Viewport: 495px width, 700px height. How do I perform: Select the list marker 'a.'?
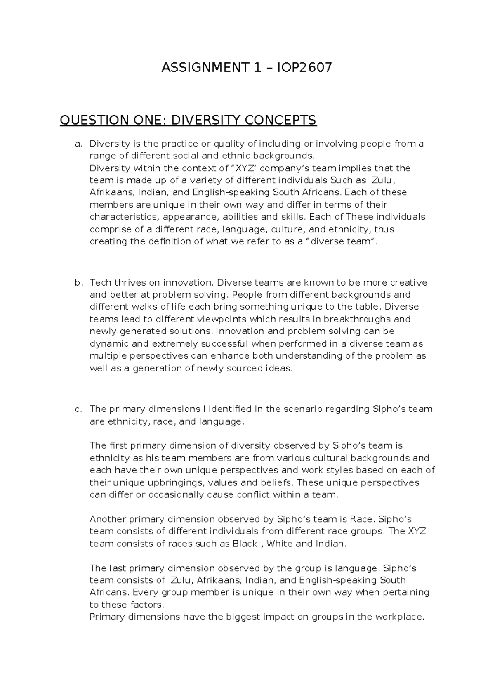click(x=78, y=144)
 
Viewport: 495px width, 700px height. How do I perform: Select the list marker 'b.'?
click(x=78, y=283)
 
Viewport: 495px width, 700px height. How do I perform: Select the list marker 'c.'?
click(x=78, y=409)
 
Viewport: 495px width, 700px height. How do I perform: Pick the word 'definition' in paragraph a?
click(x=169, y=241)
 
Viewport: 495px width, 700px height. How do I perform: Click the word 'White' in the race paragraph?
click(x=279, y=544)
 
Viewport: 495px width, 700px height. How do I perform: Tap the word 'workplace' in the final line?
click(x=398, y=617)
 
